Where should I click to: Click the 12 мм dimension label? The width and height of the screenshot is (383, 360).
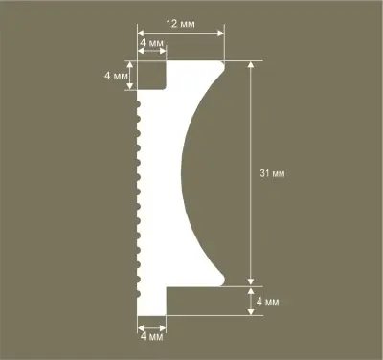click(x=179, y=20)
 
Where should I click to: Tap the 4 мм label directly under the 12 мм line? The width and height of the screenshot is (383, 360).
click(x=151, y=44)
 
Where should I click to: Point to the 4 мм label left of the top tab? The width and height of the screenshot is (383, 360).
click(x=116, y=74)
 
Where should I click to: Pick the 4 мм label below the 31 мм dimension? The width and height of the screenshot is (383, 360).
click(x=267, y=303)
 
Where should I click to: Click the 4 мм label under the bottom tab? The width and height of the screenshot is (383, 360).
click(x=151, y=336)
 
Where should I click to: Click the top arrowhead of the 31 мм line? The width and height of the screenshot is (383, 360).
click(x=251, y=65)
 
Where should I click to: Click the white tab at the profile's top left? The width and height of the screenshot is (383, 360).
click(x=152, y=76)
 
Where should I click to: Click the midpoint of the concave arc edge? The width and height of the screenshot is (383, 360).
click(x=177, y=173)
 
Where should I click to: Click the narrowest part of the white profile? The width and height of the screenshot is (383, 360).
click(x=158, y=173)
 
